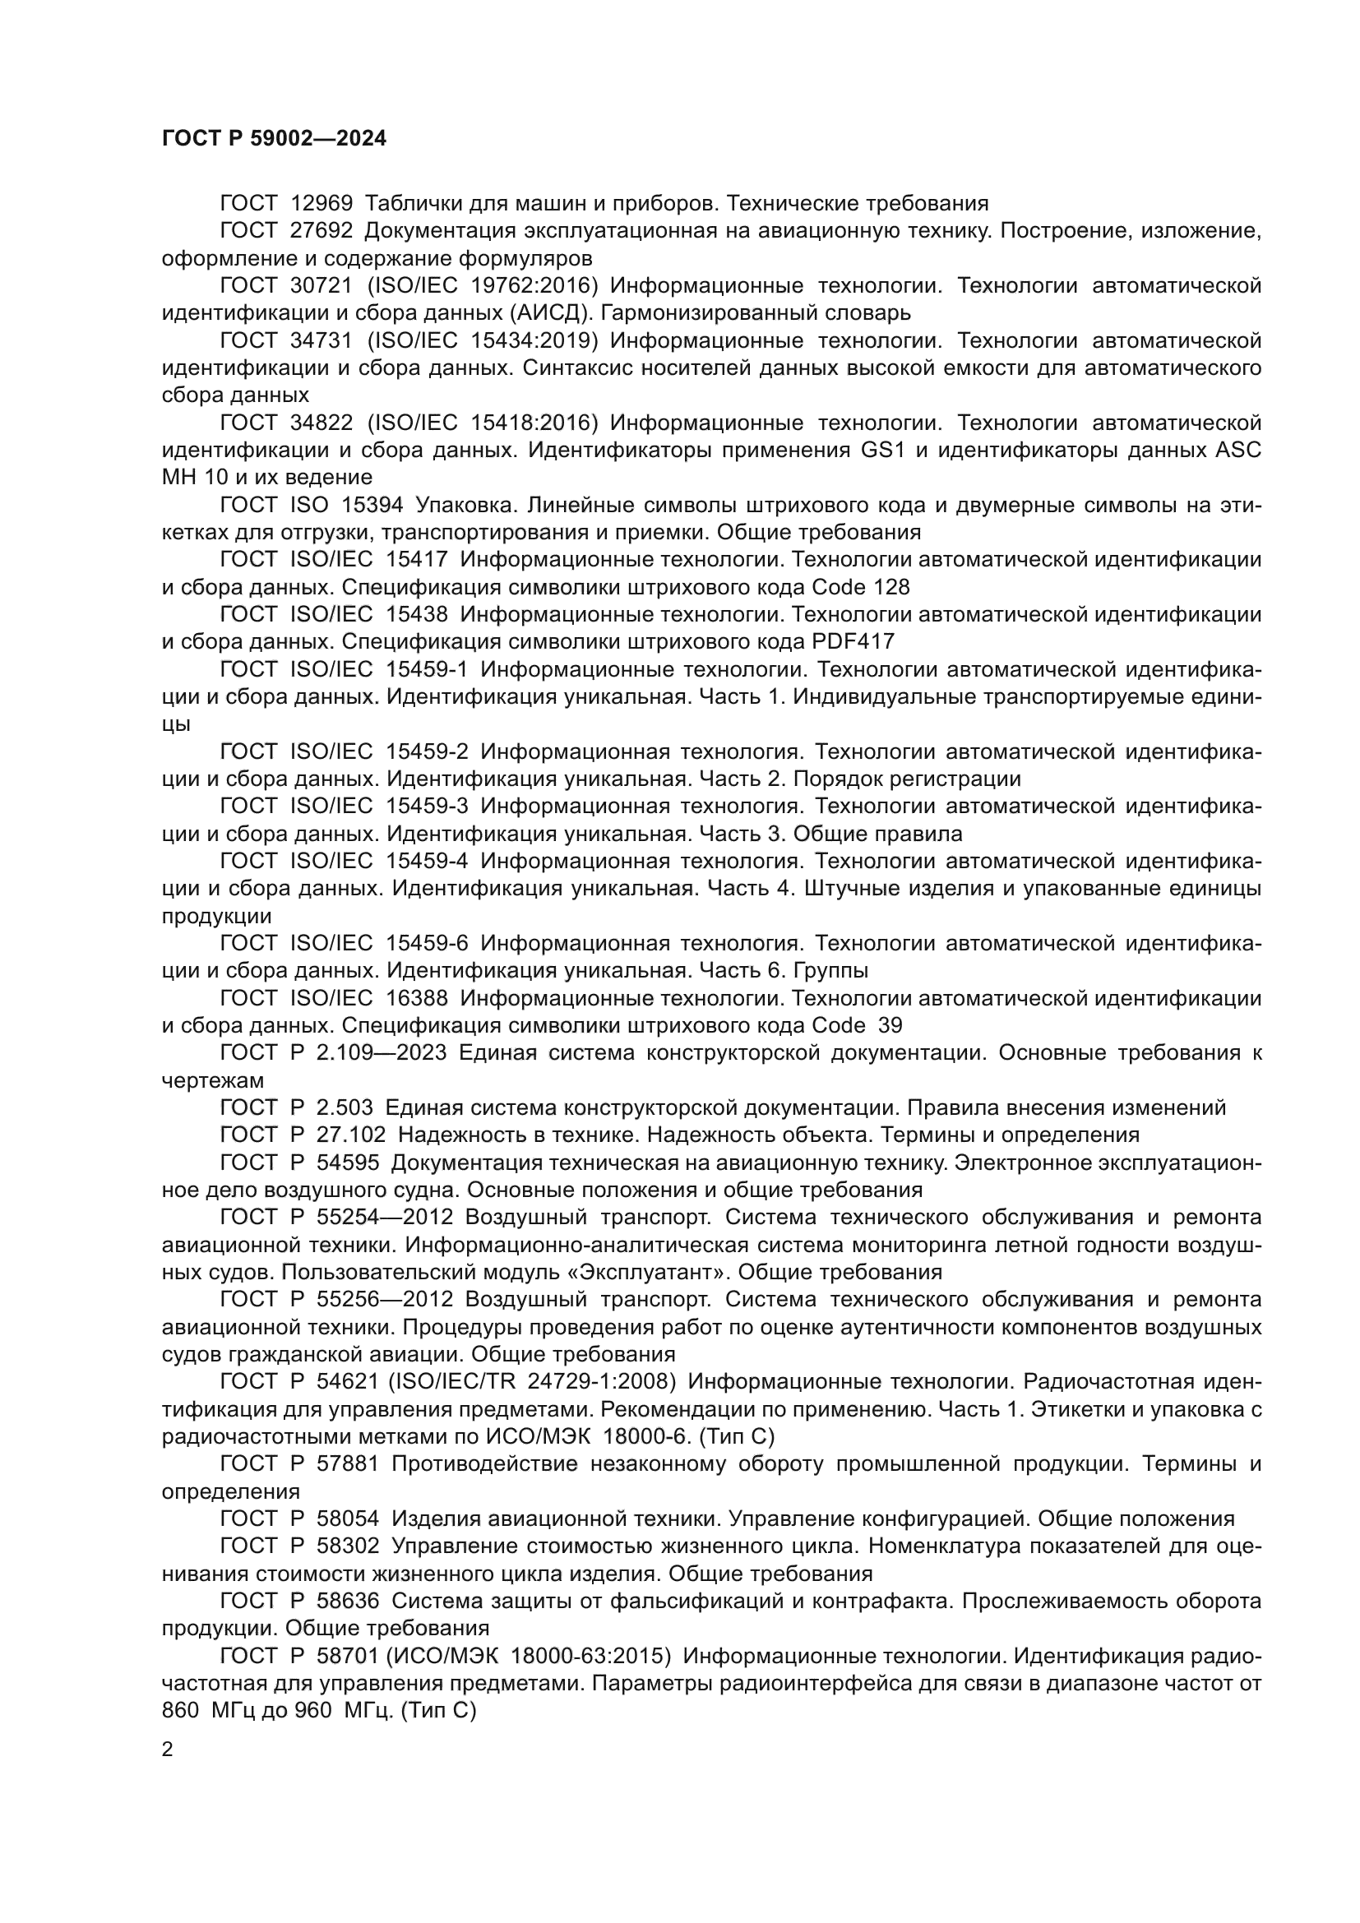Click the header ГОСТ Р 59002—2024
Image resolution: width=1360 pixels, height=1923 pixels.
[274, 139]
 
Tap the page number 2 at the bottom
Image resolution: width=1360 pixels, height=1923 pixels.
[168, 1750]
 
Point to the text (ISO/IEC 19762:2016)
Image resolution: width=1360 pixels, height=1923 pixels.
[483, 285]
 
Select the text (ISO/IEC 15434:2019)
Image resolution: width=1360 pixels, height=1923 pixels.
[483, 341]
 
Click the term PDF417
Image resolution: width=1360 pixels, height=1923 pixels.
[853, 641]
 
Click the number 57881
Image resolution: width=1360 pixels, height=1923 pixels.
[349, 1464]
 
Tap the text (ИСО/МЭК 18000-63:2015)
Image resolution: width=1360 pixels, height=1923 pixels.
[534, 1656]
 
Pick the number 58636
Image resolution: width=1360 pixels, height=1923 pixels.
[349, 1601]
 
